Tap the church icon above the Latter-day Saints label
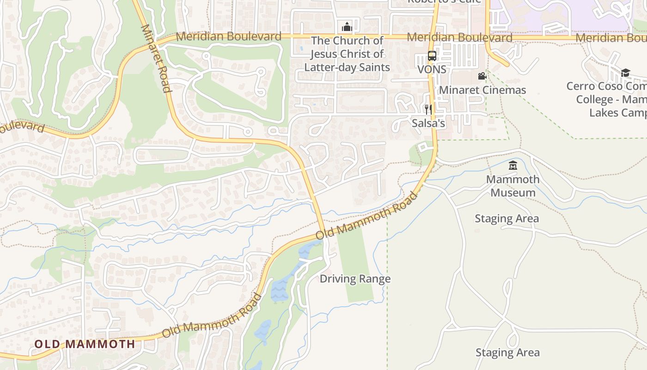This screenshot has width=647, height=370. pos(347,27)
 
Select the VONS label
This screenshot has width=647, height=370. pos(432,69)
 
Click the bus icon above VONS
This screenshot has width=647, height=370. pos(432,56)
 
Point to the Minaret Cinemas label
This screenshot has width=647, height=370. pos(482,90)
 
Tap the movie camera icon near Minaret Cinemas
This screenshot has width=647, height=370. pos(482,76)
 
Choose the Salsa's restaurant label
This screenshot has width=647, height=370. pos(428,123)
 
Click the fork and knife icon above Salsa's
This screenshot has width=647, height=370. pos(428,110)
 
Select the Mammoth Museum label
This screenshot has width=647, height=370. pos(513,185)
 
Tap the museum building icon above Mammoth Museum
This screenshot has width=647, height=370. pos(513,165)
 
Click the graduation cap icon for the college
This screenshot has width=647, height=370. pos(625,73)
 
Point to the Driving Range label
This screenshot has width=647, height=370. pos(355,279)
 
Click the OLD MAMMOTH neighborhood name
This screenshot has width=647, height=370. pos(85,344)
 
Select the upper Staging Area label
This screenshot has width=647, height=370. pos(507,218)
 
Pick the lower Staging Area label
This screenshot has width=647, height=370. pos(507,352)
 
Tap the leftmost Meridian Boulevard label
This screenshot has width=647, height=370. pos(228,36)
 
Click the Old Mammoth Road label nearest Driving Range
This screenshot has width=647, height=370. pos(366,216)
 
